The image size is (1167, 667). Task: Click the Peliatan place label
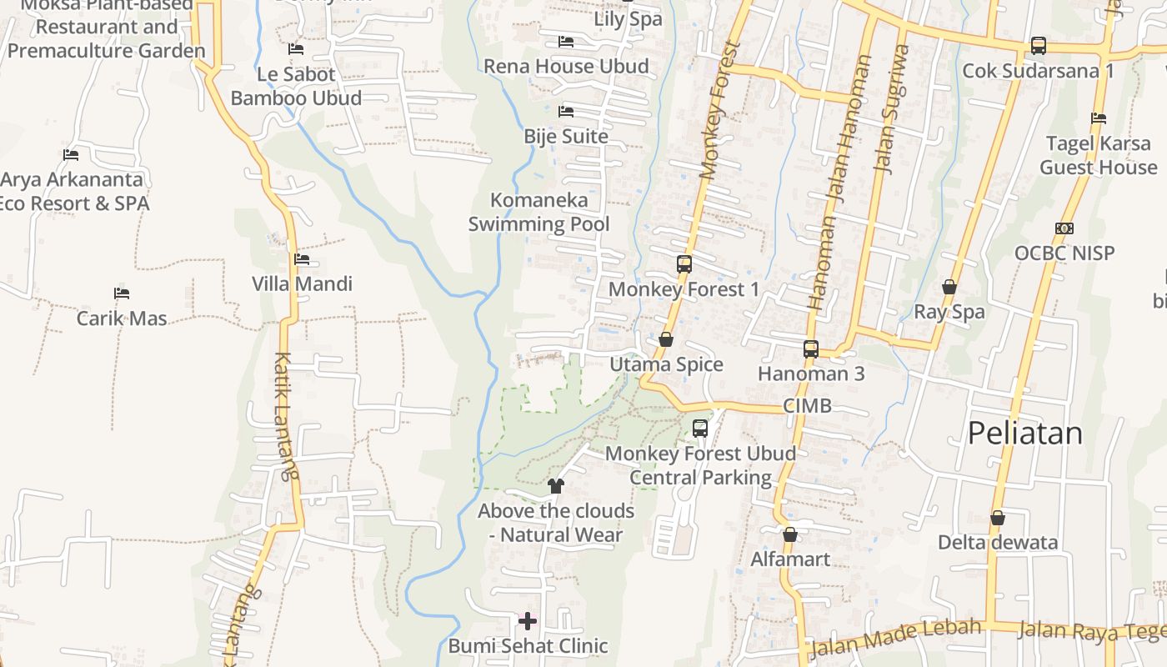click(1024, 433)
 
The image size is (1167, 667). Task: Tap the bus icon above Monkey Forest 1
click(684, 264)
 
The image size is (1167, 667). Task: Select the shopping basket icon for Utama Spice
click(665, 339)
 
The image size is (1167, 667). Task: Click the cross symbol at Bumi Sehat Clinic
click(528, 620)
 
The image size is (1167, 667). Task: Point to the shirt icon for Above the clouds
click(556, 485)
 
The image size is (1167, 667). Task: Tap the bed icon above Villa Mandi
click(302, 259)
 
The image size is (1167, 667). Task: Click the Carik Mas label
click(122, 318)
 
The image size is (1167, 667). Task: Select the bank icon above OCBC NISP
click(1064, 228)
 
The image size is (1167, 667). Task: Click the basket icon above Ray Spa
click(949, 287)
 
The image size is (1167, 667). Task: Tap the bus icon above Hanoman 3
click(811, 349)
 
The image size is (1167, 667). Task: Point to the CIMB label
click(807, 406)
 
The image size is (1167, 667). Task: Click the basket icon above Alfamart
click(790, 534)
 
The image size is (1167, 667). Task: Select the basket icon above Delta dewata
click(997, 518)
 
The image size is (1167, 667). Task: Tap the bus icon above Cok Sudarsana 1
click(1038, 46)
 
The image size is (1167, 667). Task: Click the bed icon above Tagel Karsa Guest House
click(1099, 118)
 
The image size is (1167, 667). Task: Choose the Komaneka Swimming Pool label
click(538, 212)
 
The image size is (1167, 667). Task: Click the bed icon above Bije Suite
click(566, 111)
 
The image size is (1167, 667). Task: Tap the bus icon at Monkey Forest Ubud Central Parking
click(700, 429)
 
